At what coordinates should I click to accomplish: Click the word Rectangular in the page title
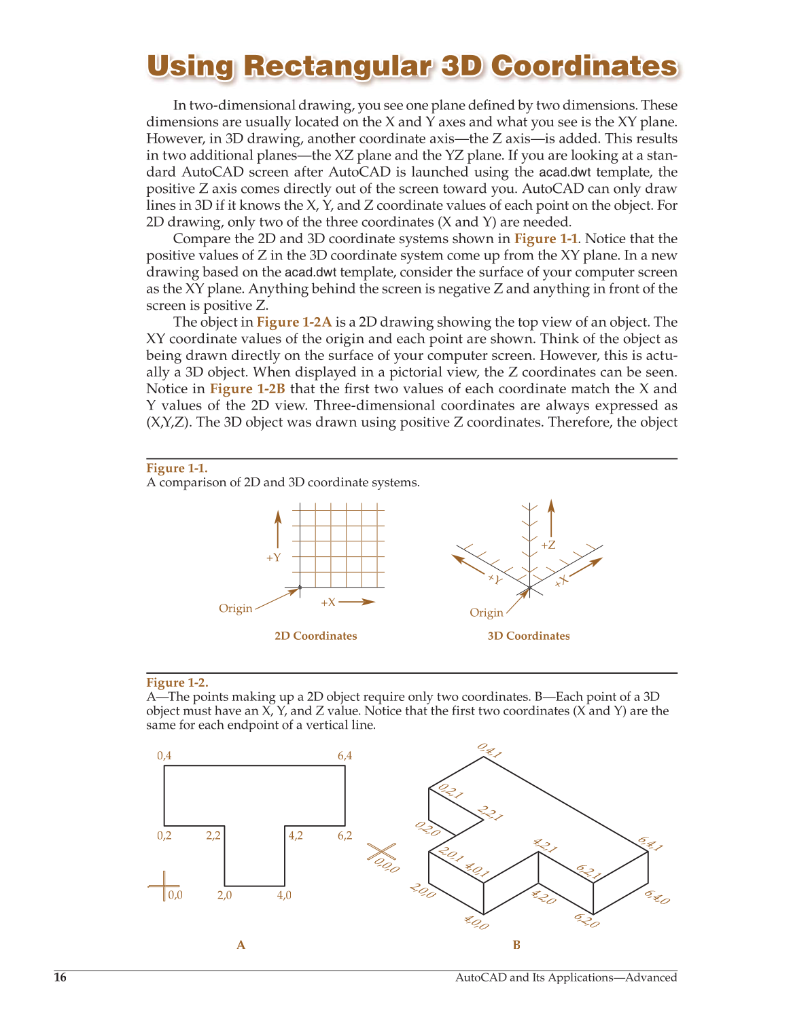click(x=336, y=67)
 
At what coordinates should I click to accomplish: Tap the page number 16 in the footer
click(x=60, y=977)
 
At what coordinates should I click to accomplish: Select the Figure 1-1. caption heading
click(x=177, y=468)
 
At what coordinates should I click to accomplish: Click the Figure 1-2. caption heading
click(x=177, y=683)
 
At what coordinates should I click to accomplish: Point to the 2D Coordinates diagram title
click(x=315, y=636)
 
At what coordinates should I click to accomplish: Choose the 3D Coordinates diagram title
click(x=529, y=636)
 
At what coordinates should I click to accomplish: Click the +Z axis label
click(x=548, y=545)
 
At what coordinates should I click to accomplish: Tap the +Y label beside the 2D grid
click(x=273, y=558)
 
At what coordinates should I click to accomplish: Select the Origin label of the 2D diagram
click(x=235, y=609)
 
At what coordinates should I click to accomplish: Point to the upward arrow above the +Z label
click(x=551, y=516)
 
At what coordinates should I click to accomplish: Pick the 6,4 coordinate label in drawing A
click(x=345, y=756)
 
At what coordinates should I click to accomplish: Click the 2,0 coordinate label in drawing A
click(x=224, y=895)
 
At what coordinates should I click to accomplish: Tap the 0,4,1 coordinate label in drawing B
click(x=489, y=751)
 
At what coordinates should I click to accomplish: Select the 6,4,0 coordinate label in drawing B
click(x=657, y=897)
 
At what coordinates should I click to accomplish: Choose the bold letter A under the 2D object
click(x=241, y=945)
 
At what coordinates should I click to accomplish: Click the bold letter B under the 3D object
click(x=516, y=945)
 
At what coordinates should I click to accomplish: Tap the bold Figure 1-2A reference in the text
click(x=294, y=322)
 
